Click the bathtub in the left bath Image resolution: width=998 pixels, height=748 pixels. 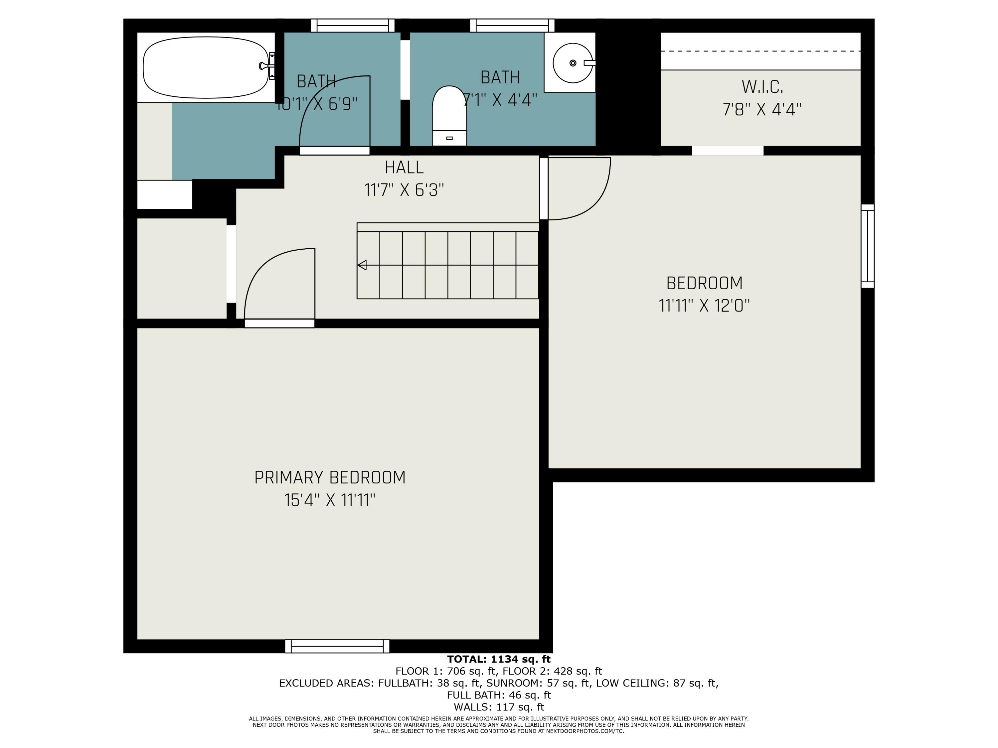205,67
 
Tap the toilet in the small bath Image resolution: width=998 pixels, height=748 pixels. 449,116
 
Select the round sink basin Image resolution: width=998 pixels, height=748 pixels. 572,63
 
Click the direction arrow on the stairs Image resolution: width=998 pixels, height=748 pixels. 362,265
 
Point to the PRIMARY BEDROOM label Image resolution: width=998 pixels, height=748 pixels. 330,477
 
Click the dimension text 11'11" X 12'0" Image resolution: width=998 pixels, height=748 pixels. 704,306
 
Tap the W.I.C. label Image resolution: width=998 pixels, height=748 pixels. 762,86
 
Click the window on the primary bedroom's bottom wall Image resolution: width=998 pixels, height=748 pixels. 337,646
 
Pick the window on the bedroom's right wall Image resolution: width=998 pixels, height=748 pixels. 867,246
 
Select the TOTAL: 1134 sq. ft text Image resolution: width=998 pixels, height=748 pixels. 499,659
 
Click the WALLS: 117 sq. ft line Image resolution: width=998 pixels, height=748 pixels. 499,707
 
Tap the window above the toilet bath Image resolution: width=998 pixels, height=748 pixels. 512,25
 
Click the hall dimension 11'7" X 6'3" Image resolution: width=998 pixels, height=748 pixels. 404,190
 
